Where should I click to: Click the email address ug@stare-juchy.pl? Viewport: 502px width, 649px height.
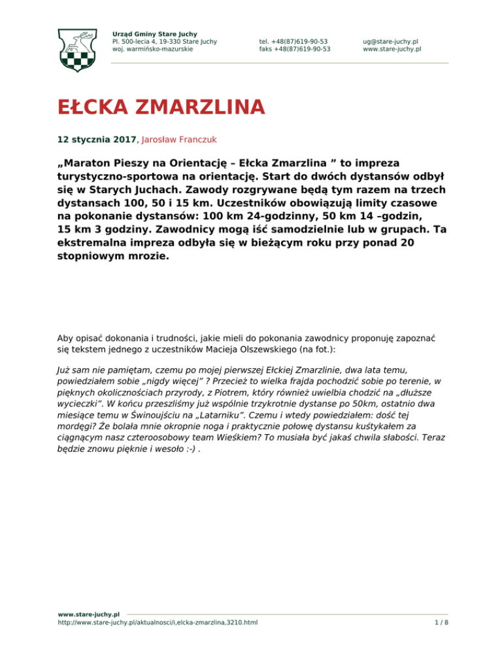coord(391,40)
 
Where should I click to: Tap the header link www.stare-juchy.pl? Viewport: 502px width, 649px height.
coord(392,48)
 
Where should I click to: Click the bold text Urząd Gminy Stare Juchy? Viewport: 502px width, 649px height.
coord(155,33)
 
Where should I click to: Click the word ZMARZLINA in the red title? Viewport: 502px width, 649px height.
coord(189,106)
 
